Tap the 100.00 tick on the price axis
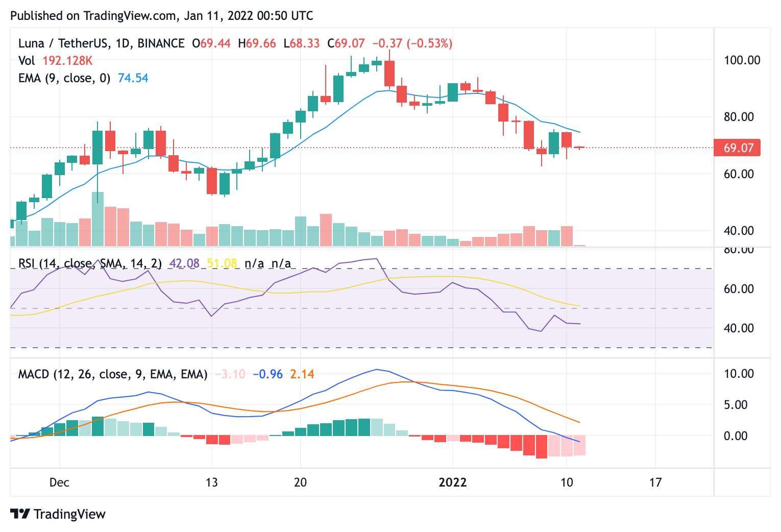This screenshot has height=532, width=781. tap(742, 60)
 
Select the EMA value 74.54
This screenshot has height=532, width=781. tap(133, 78)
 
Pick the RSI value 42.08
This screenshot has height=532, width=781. tap(184, 263)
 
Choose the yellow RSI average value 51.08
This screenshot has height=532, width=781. tap(222, 263)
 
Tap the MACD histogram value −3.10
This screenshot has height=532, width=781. tap(230, 374)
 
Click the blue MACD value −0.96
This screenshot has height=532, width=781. tap(267, 374)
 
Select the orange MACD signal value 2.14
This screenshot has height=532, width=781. tap(302, 374)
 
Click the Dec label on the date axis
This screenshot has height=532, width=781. tap(59, 482)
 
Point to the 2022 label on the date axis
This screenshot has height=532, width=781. tap(453, 482)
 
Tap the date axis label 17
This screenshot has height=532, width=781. tap(655, 482)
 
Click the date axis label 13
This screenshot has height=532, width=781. tap(211, 482)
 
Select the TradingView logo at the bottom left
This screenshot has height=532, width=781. tap(58, 514)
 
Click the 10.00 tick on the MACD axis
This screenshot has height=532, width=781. tap(739, 374)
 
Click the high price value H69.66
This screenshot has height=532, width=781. tap(257, 43)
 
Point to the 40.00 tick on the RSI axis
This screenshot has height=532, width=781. tap(739, 328)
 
